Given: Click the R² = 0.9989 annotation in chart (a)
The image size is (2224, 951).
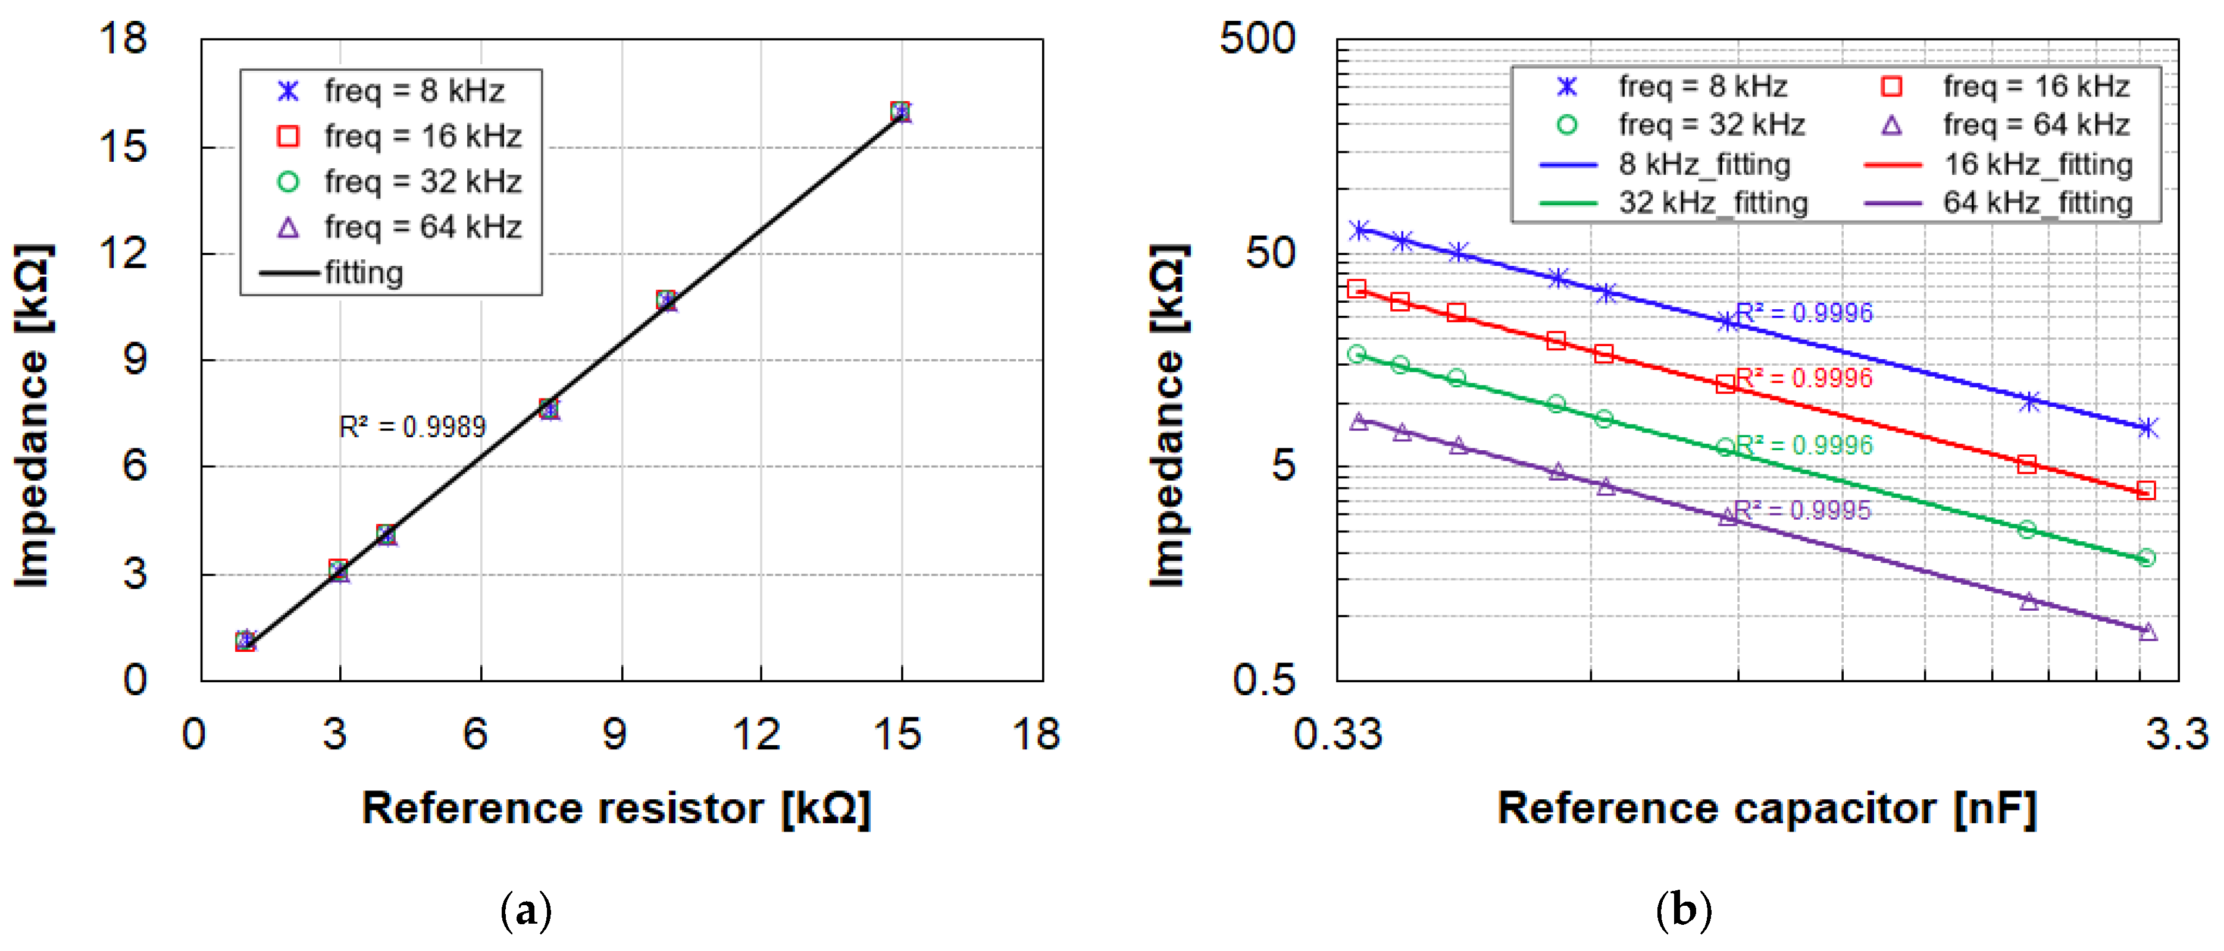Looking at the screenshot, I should point(412,426).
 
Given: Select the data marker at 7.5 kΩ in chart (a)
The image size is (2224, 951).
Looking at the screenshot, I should point(549,409).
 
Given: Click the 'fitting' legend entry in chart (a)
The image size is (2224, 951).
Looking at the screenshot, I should point(362,273).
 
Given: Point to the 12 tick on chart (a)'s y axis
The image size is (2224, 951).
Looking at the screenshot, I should point(123,254).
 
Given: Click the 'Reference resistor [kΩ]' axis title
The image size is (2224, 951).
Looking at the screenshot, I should point(615,809).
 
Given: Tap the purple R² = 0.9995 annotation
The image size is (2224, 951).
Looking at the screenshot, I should point(1802,510).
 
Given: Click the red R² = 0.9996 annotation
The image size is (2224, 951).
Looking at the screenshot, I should point(1804,378).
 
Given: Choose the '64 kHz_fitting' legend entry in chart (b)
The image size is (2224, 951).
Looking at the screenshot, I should point(2038,203).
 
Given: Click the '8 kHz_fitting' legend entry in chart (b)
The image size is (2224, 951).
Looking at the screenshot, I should point(1703,164).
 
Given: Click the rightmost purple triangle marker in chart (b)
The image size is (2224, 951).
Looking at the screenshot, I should point(2148,632).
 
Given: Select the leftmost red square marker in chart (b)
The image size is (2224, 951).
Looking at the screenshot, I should point(1357,288).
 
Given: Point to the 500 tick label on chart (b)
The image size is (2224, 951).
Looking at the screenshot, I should point(1257,39).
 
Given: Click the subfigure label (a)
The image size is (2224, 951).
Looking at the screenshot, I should point(525,911).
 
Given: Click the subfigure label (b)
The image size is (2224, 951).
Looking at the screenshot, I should point(1684,911).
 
